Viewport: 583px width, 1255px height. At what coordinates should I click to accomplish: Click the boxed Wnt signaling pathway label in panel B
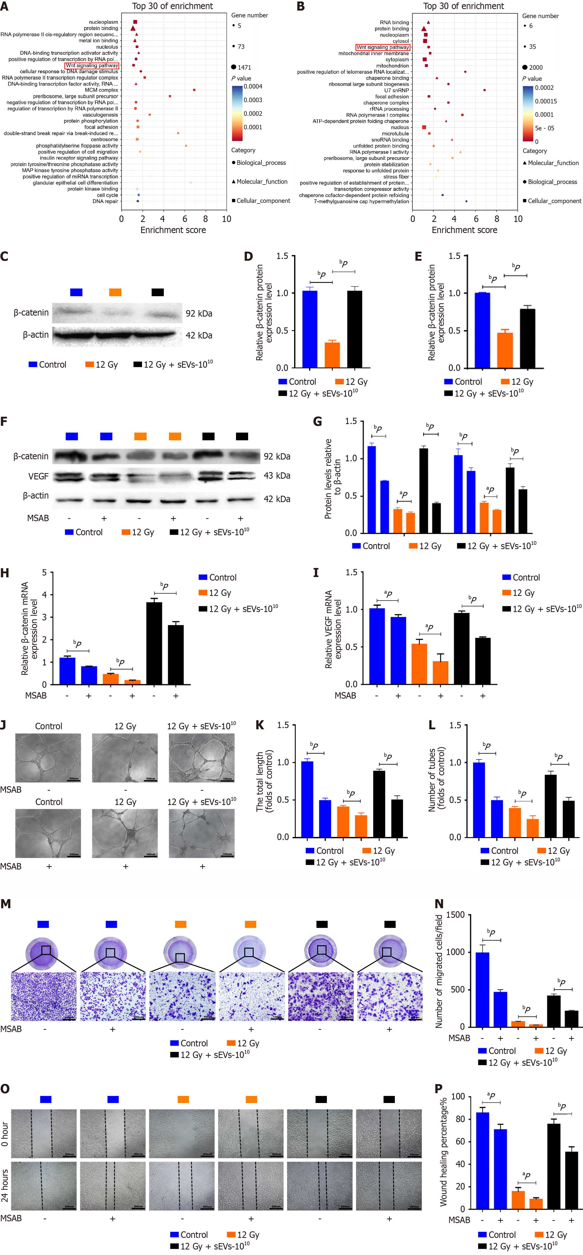[383, 47]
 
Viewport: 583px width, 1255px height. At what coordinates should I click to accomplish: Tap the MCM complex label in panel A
[101, 90]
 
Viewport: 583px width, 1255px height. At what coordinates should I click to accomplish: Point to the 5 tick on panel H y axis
[44, 573]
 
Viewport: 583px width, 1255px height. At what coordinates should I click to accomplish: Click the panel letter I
[316, 573]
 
